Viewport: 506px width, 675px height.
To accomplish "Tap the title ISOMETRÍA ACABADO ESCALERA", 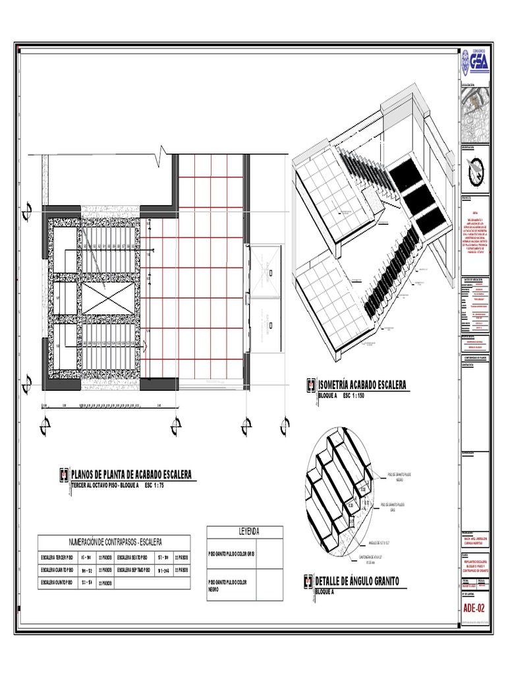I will tap(362, 385).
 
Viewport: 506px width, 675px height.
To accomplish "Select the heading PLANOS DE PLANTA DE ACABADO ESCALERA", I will tap(130, 475).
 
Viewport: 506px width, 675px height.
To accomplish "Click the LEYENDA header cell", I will tap(244, 531).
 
